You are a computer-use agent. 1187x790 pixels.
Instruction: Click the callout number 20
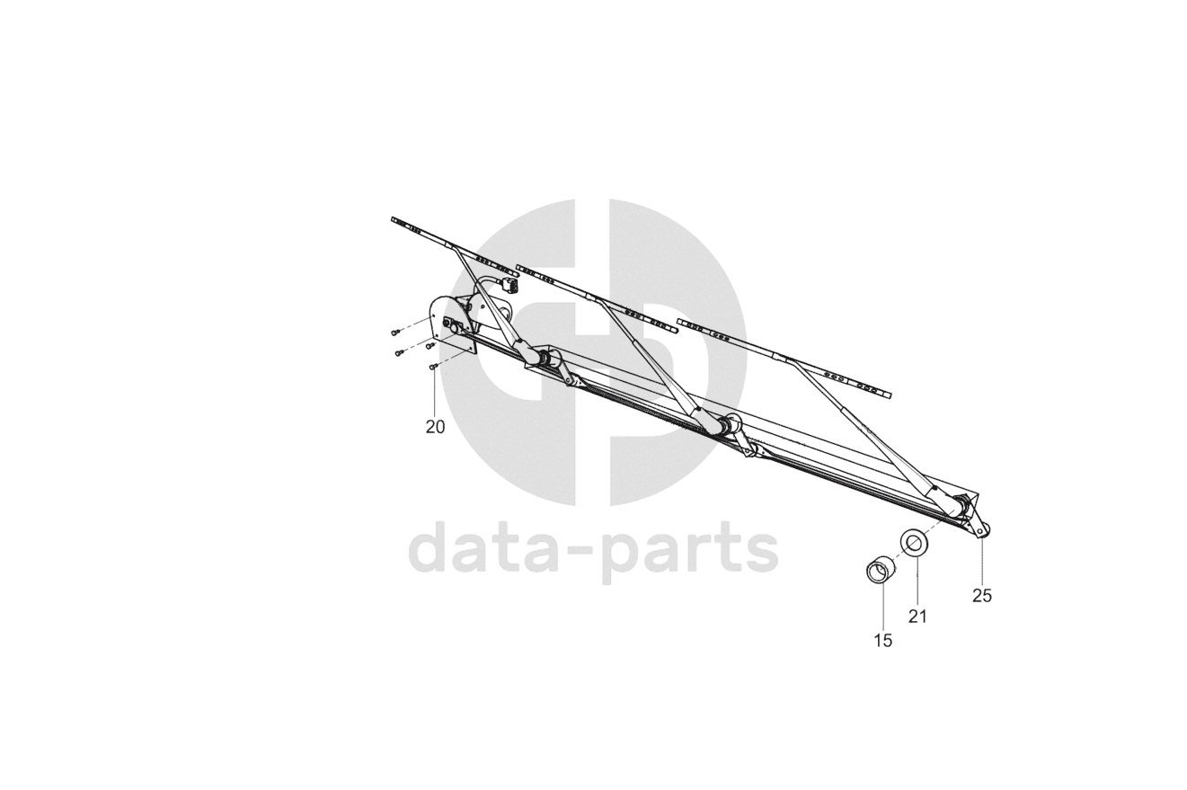(435, 427)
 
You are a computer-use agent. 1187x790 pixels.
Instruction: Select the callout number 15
(882, 640)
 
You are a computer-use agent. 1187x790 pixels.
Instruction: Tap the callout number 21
(917, 616)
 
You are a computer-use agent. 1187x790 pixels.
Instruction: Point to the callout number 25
(981, 595)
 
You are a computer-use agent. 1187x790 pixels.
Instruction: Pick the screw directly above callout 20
(433, 367)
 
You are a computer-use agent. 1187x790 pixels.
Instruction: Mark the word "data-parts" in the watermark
(593, 550)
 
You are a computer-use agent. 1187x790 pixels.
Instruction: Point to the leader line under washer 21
(917, 581)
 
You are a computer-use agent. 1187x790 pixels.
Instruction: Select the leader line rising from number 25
(981, 562)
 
